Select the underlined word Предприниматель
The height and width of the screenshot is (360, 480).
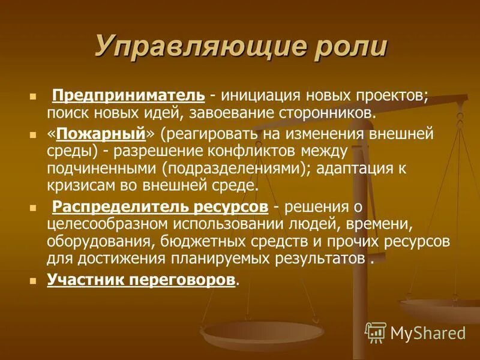(129, 95)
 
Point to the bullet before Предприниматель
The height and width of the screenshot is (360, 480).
(34, 97)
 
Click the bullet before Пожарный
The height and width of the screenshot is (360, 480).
(34, 135)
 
